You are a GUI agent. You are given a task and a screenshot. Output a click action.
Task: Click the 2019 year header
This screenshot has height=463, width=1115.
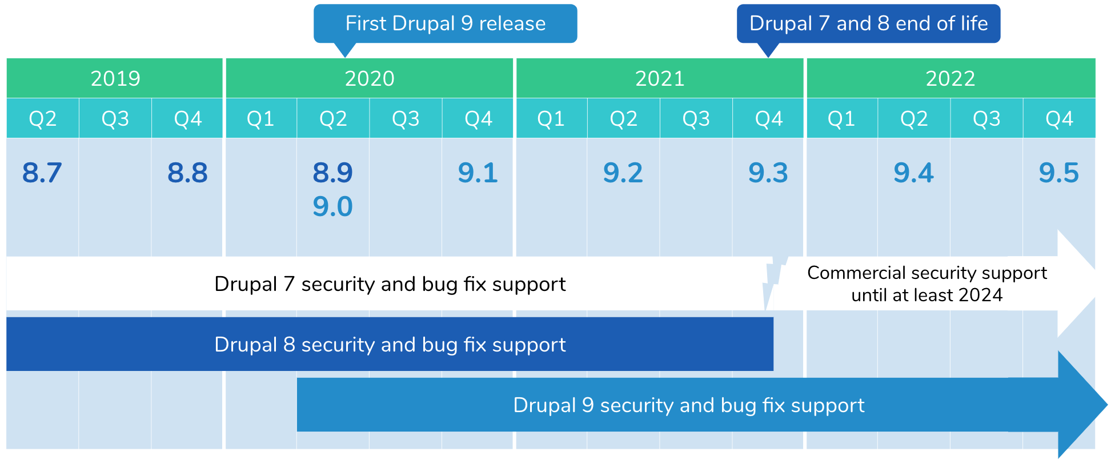click(115, 78)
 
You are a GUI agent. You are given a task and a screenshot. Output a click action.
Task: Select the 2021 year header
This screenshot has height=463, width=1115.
click(660, 78)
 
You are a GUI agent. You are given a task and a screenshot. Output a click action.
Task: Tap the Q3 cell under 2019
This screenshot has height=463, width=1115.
click(115, 118)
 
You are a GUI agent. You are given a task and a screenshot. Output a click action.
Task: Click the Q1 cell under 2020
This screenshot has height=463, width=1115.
click(261, 118)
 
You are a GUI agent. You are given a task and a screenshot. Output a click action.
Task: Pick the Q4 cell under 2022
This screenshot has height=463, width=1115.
click(1059, 118)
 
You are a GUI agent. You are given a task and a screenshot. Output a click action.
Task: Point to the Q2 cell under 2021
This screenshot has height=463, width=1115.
click(623, 118)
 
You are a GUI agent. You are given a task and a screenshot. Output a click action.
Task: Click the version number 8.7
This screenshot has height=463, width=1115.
click(42, 173)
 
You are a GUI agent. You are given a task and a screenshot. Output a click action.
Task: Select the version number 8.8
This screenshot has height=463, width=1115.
click(187, 173)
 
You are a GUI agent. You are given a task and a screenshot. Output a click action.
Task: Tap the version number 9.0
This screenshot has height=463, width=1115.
click(332, 206)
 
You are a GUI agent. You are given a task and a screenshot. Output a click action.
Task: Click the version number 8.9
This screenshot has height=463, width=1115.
click(332, 173)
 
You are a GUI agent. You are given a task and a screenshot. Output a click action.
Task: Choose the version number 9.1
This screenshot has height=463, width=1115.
click(478, 173)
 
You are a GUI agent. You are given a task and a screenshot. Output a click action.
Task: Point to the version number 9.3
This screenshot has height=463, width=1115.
click(768, 173)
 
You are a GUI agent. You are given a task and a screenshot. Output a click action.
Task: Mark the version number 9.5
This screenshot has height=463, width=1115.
click(1059, 173)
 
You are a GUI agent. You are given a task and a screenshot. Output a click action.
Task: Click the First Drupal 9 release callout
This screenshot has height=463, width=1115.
click(445, 23)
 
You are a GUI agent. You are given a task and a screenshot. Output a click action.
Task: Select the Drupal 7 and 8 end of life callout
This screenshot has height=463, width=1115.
click(868, 23)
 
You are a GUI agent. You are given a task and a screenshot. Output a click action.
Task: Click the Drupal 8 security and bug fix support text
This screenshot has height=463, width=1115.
click(390, 345)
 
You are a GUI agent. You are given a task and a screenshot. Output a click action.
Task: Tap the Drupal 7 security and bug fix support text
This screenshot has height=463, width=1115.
click(390, 284)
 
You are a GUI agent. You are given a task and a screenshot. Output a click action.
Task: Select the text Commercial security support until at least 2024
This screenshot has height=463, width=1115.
click(927, 284)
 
